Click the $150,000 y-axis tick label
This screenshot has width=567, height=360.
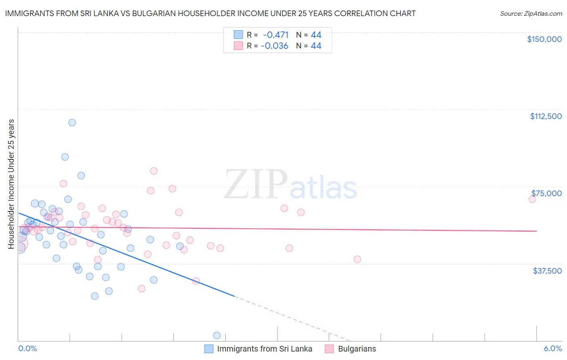pos(544,39)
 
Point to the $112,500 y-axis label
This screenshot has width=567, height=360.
pos(546,116)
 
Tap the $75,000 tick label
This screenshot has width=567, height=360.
pos(546,193)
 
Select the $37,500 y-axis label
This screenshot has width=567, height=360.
pos(547,270)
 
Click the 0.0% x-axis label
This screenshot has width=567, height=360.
pos(27,348)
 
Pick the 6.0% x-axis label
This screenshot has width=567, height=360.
pos(552,348)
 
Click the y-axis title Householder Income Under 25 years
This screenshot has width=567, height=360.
pos(11,184)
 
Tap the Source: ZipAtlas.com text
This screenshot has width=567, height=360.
pos(531,14)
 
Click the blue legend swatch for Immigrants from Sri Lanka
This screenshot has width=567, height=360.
pos(208,349)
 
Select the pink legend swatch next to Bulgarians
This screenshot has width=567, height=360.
pos(329,349)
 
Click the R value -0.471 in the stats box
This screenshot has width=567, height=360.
pos(275,35)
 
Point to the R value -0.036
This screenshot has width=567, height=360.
pos(275,46)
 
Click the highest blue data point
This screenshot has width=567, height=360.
pos(72,123)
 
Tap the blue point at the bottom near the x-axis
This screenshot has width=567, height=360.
pos(217,335)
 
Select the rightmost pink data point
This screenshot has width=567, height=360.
pos(532,199)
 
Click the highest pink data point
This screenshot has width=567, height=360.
pos(153,171)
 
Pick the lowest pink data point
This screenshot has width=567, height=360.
pos(142,289)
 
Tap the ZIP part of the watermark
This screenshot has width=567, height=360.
pos(256,184)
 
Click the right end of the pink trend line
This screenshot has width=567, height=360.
pos(536,231)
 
